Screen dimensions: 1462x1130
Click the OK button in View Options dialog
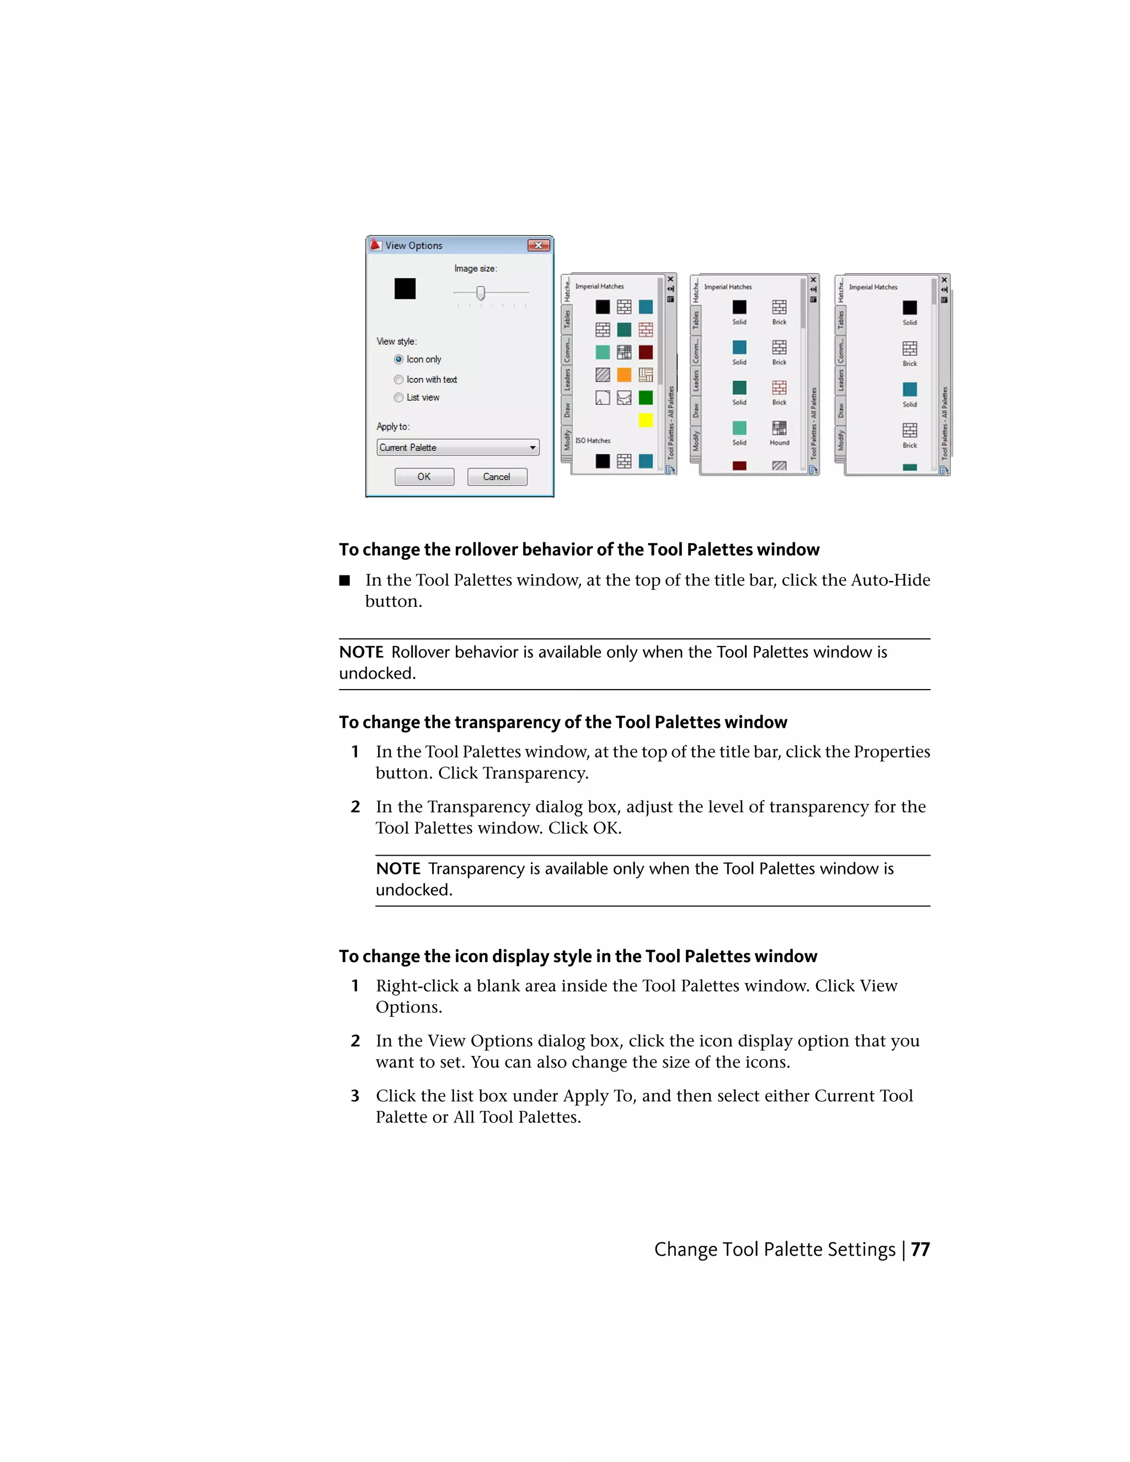(424, 477)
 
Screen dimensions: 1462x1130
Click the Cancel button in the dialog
(497, 477)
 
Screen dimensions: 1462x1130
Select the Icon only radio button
(399, 360)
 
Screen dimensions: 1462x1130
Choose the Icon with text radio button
(399, 380)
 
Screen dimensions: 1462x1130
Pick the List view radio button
(399, 398)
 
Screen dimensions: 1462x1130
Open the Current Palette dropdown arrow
(533, 448)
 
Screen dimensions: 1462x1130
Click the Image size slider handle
(480, 293)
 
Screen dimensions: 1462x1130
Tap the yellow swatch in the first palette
(646, 420)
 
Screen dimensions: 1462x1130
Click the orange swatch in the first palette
(624, 375)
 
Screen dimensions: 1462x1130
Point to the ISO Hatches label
(593, 440)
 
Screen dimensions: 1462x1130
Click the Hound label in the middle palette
(779, 442)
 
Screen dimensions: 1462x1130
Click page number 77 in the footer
(920, 1249)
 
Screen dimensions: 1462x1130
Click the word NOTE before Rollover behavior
(361, 652)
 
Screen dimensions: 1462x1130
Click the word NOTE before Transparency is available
(398, 869)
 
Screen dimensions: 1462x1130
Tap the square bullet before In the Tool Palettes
(345, 580)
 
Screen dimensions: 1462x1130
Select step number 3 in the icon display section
(355, 1096)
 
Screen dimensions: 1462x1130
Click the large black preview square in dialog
(405, 289)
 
